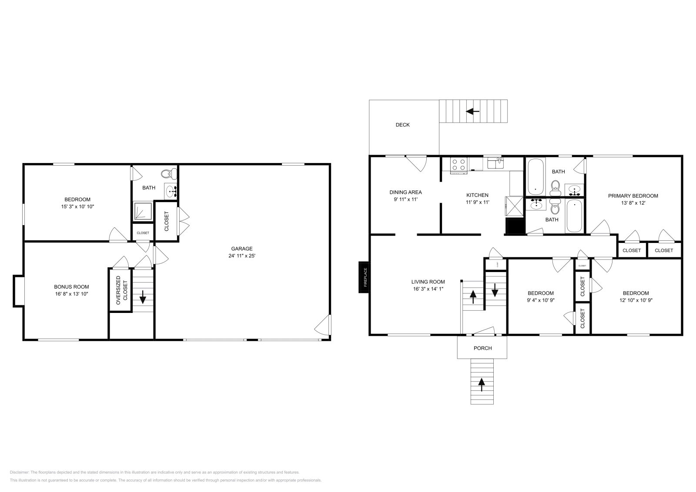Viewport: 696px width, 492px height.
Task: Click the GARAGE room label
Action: point(241,249)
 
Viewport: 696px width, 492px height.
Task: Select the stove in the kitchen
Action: point(458,165)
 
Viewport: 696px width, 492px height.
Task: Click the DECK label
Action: point(402,125)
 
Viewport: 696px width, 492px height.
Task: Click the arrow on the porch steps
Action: point(482,382)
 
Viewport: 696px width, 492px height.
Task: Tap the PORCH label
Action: point(482,348)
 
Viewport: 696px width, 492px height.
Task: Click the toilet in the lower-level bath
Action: point(167,174)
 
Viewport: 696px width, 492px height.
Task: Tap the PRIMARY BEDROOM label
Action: point(632,196)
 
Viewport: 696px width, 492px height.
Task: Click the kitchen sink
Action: point(495,163)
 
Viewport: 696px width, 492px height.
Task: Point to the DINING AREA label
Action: point(405,192)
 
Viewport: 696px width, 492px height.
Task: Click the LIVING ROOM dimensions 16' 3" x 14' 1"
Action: point(428,289)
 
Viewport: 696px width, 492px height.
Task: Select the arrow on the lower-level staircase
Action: point(142,299)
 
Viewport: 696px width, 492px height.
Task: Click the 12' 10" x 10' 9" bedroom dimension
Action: point(636,300)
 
